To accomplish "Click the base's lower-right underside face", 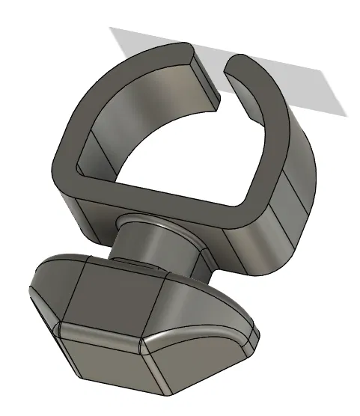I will [202, 367].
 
